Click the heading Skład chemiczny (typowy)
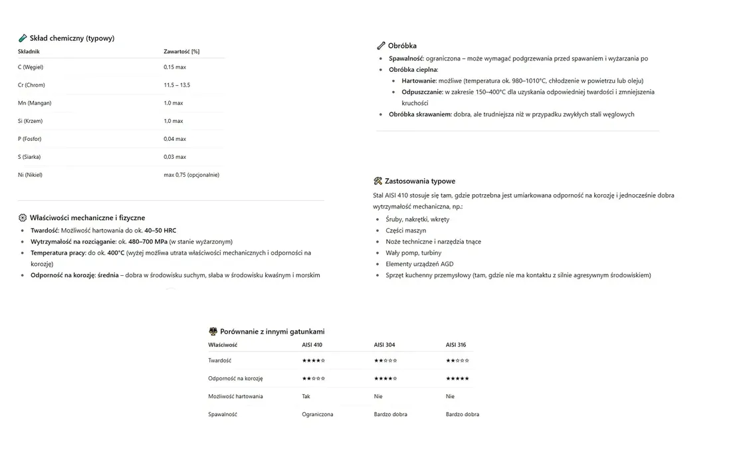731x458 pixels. coord(72,39)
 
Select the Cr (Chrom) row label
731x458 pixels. coord(31,85)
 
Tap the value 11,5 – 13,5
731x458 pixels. coord(177,85)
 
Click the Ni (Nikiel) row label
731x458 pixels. coord(30,175)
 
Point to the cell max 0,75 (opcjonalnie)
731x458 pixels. coord(191,175)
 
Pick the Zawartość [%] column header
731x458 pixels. coord(181,51)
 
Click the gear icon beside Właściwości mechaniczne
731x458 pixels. coord(23,218)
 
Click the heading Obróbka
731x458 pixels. coord(402,46)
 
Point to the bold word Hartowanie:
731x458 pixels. coord(419,80)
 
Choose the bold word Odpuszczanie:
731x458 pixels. coord(422,92)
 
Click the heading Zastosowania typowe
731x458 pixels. coord(420,181)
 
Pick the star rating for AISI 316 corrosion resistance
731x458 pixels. coord(457,378)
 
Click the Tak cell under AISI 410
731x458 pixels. coord(306,396)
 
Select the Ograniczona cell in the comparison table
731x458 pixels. coord(318,414)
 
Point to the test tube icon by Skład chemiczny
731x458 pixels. coord(23,39)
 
